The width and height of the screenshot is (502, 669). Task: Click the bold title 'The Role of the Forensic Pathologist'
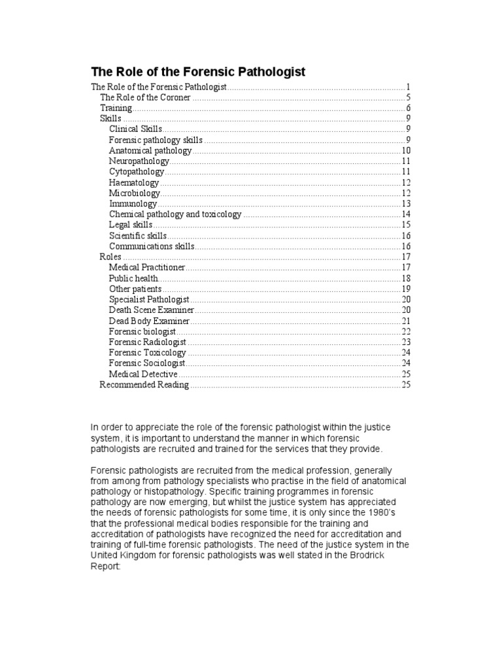coord(197,72)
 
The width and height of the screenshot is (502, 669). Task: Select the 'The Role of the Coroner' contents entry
coord(145,97)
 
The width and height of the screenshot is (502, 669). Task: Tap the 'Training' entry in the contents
coord(116,108)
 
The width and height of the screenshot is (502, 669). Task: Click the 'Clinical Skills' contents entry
coord(135,129)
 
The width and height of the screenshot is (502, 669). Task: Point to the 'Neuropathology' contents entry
coord(139,161)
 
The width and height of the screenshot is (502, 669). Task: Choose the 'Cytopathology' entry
coord(137,171)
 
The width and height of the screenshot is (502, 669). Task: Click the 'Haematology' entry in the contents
coord(134,182)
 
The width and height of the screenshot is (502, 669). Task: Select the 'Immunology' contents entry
coord(133,203)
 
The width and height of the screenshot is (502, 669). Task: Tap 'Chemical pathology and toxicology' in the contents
coord(175,214)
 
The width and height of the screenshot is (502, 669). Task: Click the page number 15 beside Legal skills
coord(405,225)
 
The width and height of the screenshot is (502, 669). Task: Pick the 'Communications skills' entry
coord(152,246)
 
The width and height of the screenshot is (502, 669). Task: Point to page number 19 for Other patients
coord(405,289)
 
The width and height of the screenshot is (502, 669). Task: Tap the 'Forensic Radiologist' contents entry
coord(148,342)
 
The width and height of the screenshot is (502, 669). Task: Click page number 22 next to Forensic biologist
coord(405,331)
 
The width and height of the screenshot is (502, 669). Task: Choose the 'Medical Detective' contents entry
coord(143,374)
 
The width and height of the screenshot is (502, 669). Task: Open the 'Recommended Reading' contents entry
coord(144,385)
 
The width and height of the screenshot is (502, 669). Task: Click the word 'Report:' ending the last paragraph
coord(105,568)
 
